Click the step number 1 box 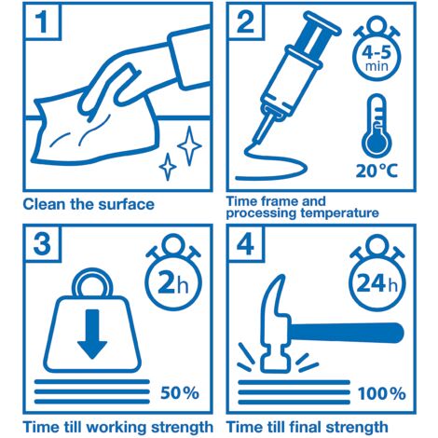point(42,21)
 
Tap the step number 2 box point(246,21)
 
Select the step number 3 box point(42,243)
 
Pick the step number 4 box point(246,243)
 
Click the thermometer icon point(376,127)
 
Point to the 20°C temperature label point(376,171)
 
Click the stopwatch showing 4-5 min point(376,48)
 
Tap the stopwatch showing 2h point(173,272)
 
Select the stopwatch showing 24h point(376,272)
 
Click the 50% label point(180,393)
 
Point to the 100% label point(382,393)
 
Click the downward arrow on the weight point(92,334)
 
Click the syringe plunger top point(322,22)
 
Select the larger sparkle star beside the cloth point(189,145)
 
